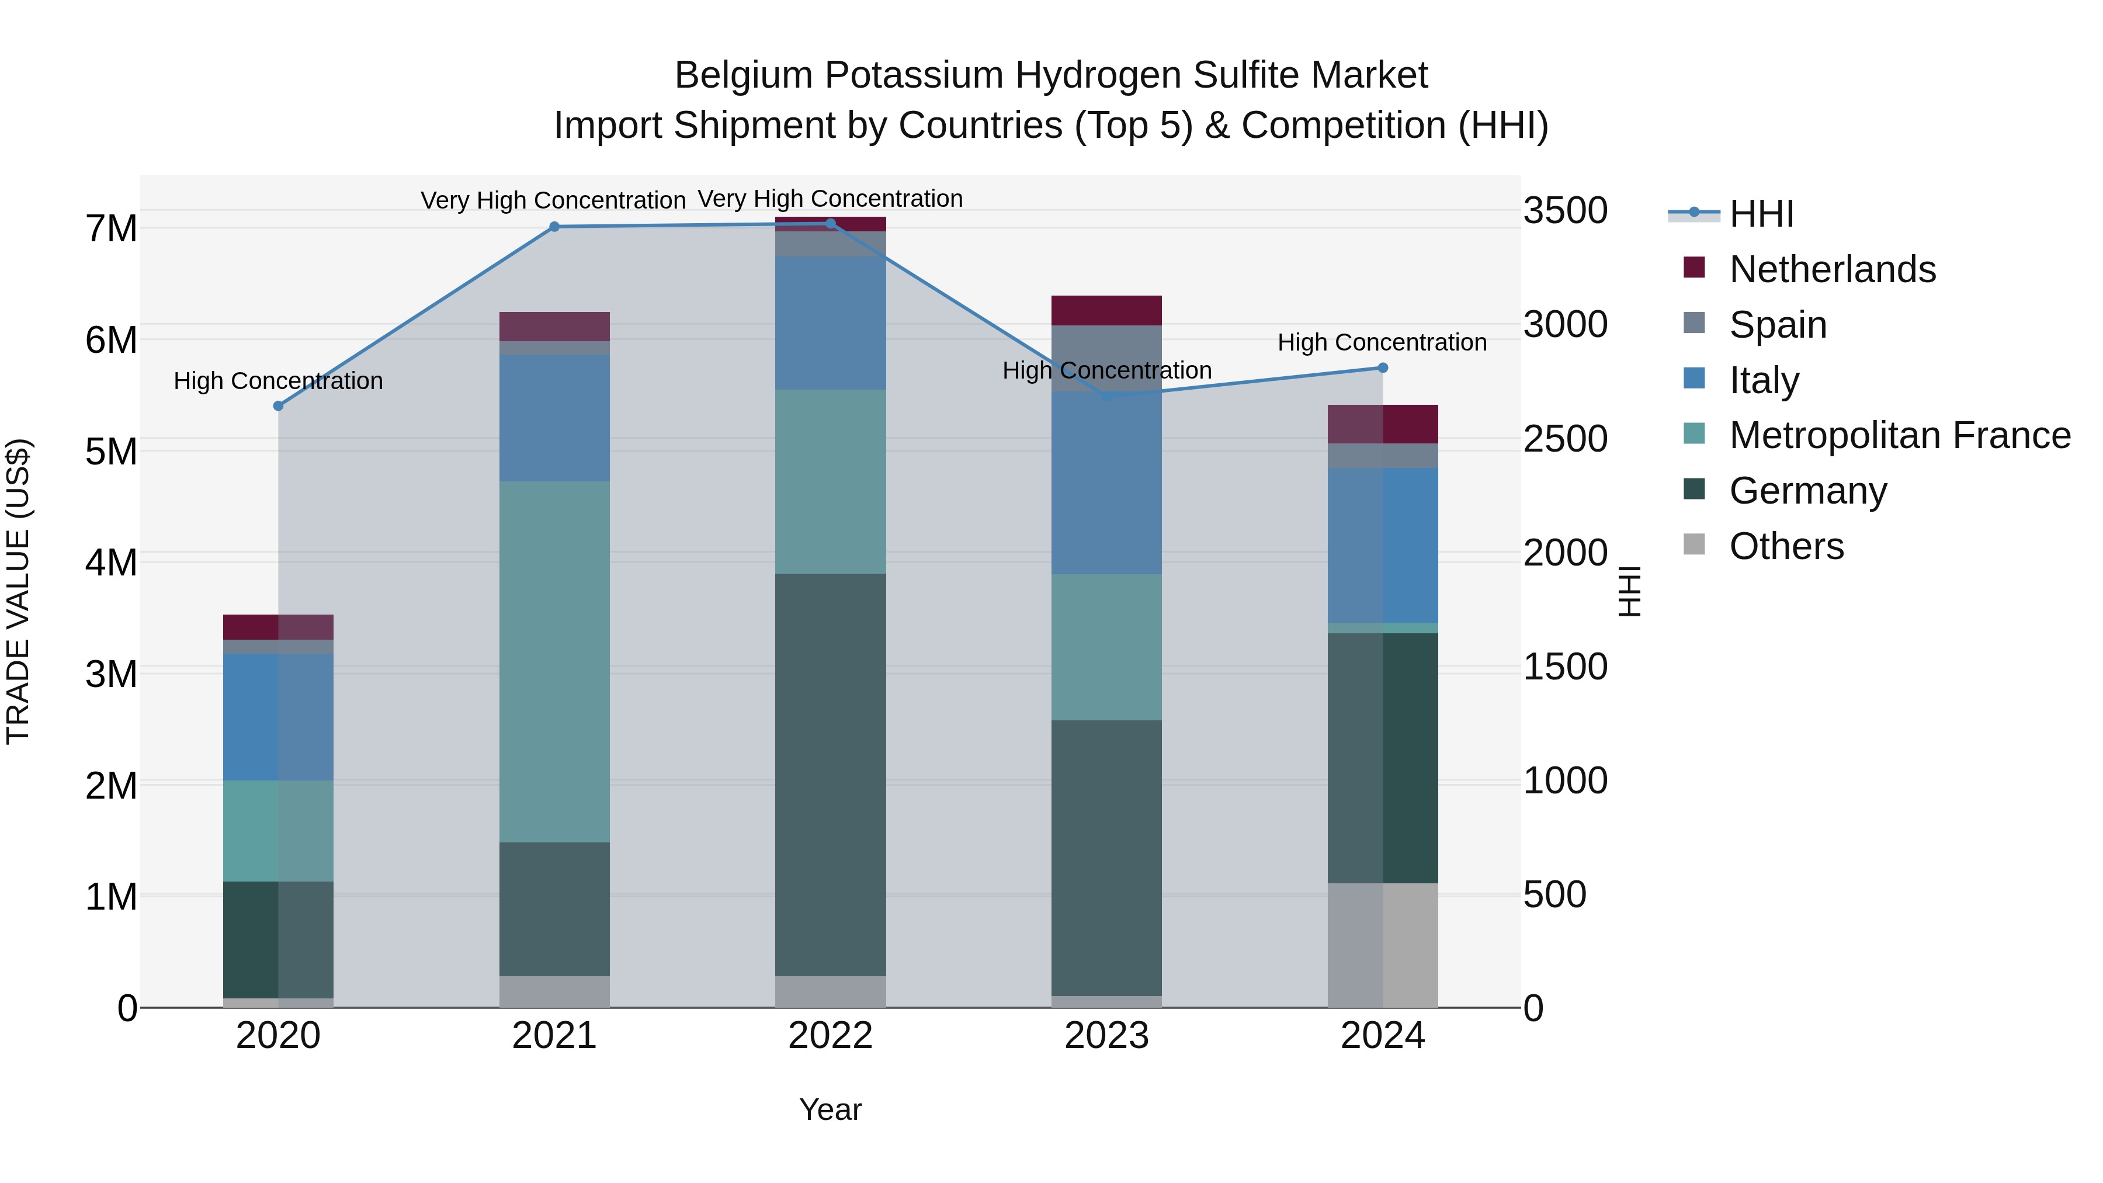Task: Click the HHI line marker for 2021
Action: pyautogui.click(x=554, y=227)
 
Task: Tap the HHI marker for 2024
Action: pyautogui.click(x=1382, y=368)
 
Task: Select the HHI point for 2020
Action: pyautogui.click(x=279, y=406)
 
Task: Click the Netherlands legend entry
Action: pyautogui.click(x=1831, y=269)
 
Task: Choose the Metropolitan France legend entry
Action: pyautogui.click(x=1899, y=436)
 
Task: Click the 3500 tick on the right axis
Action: pyautogui.click(x=1565, y=211)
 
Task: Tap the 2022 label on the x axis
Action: pyautogui.click(x=830, y=1036)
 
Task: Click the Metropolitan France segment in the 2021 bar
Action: pyautogui.click(x=554, y=661)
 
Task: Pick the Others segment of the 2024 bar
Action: pyautogui.click(x=1382, y=945)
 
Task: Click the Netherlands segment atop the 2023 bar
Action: pyautogui.click(x=1106, y=310)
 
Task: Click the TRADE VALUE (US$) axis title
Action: pyautogui.click(x=18, y=591)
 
